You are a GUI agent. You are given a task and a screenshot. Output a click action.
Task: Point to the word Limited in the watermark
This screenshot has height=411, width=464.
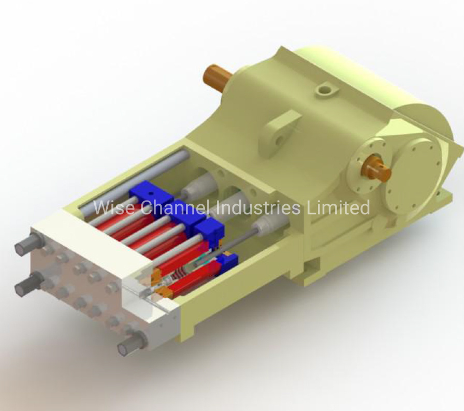coord(338,207)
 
